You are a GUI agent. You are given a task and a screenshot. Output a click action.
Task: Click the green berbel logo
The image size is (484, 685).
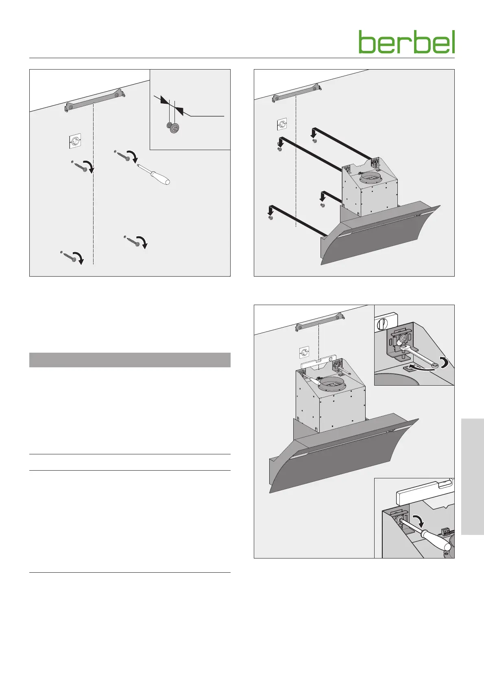(407, 42)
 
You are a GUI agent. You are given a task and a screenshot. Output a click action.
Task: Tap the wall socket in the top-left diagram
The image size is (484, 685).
(74, 141)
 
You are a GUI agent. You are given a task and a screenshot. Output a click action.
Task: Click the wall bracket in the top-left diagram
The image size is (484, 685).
(96, 100)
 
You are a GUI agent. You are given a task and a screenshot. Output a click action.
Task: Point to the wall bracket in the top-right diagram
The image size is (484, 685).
(297, 93)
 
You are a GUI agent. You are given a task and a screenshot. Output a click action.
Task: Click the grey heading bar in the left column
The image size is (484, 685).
(130, 360)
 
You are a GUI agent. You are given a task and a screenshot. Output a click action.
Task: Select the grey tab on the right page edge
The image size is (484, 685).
(472, 476)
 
